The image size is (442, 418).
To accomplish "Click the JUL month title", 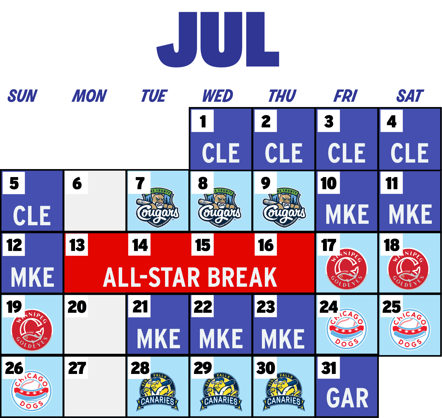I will coord(218,39).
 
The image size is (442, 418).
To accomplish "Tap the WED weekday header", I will coord(218,96).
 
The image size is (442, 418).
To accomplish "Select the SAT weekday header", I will coord(410,96).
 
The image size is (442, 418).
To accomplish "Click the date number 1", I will coord(203,121).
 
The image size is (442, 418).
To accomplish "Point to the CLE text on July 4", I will coord(410,153).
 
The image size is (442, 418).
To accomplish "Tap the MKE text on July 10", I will coord(347,215).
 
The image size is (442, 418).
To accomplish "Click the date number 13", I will coord(77,245).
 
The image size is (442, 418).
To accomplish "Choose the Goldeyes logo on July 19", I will coord(32,330).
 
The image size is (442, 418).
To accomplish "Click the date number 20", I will coord(77,307).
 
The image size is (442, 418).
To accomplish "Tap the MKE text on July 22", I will coord(221,339).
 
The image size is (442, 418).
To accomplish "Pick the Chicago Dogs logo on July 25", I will coord(410,329).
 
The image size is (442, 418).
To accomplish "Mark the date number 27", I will coord(77,368).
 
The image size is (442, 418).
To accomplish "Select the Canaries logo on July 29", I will coord(221,392).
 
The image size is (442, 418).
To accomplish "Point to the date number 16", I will coord(266,245).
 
